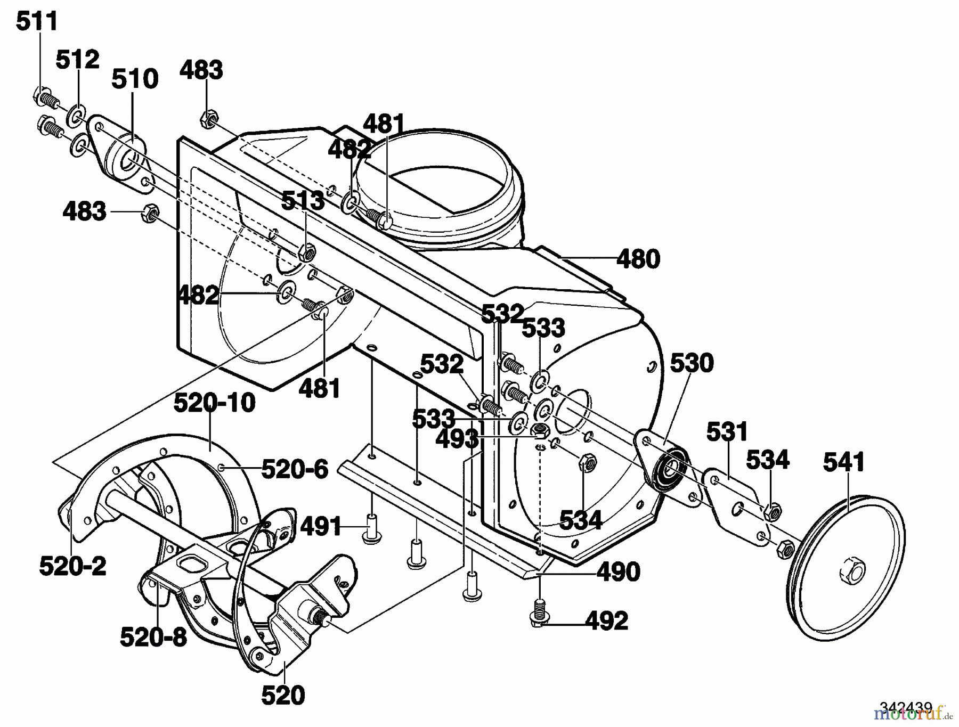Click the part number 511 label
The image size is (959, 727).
pyautogui.click(x=37, y=22)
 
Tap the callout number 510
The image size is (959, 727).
pyautogui.click(x=135, y=79)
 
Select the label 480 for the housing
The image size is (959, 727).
pyautogui.click(x=638, y=259)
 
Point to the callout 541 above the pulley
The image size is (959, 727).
pyautogui.click(x=844, y=462)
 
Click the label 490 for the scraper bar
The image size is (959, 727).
pyautogui.click(x=618, y=572)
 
